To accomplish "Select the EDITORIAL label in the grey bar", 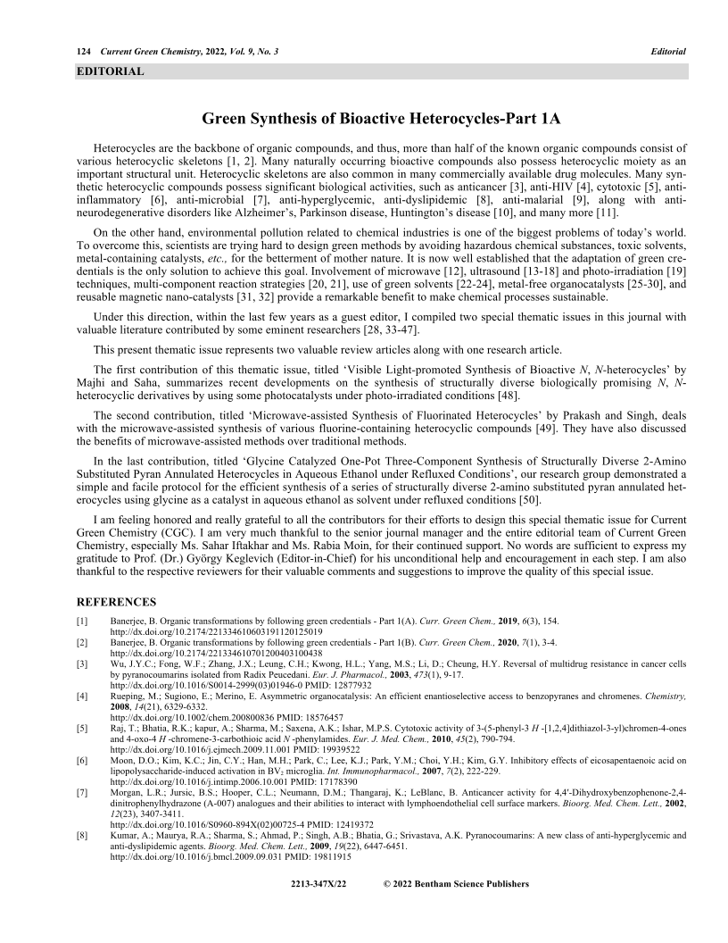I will pos(111,71).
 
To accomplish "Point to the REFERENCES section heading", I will pos(116,602).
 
